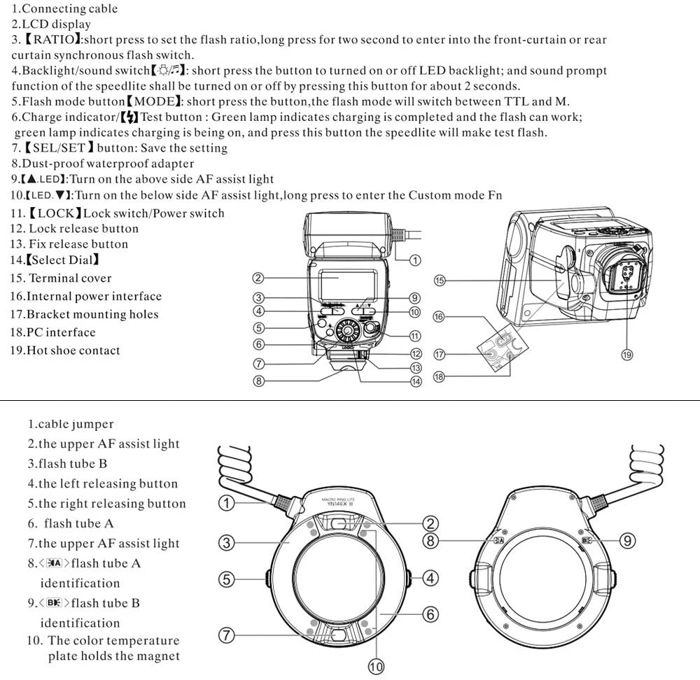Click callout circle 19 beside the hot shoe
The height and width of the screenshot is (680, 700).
(x=626, y=355)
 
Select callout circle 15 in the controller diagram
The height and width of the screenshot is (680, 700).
(x=440, y=281)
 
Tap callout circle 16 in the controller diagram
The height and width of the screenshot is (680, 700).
(x=438, y=316)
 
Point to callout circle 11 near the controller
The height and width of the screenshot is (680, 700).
(x=415, y=335)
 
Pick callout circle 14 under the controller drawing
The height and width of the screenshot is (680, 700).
(x=416, y=381)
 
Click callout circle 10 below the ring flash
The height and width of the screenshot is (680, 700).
(x=376, y=667)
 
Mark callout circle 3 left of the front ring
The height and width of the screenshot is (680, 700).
(x=225, y=541)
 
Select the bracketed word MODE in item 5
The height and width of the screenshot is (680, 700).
(x=153, y=102)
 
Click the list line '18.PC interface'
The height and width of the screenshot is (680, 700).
(x=52, y=332)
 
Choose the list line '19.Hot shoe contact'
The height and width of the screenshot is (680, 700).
(x=65, y=350)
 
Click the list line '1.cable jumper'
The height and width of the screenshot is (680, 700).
(x=70, y=424)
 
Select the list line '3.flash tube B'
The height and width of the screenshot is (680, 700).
(x=67, y=463)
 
